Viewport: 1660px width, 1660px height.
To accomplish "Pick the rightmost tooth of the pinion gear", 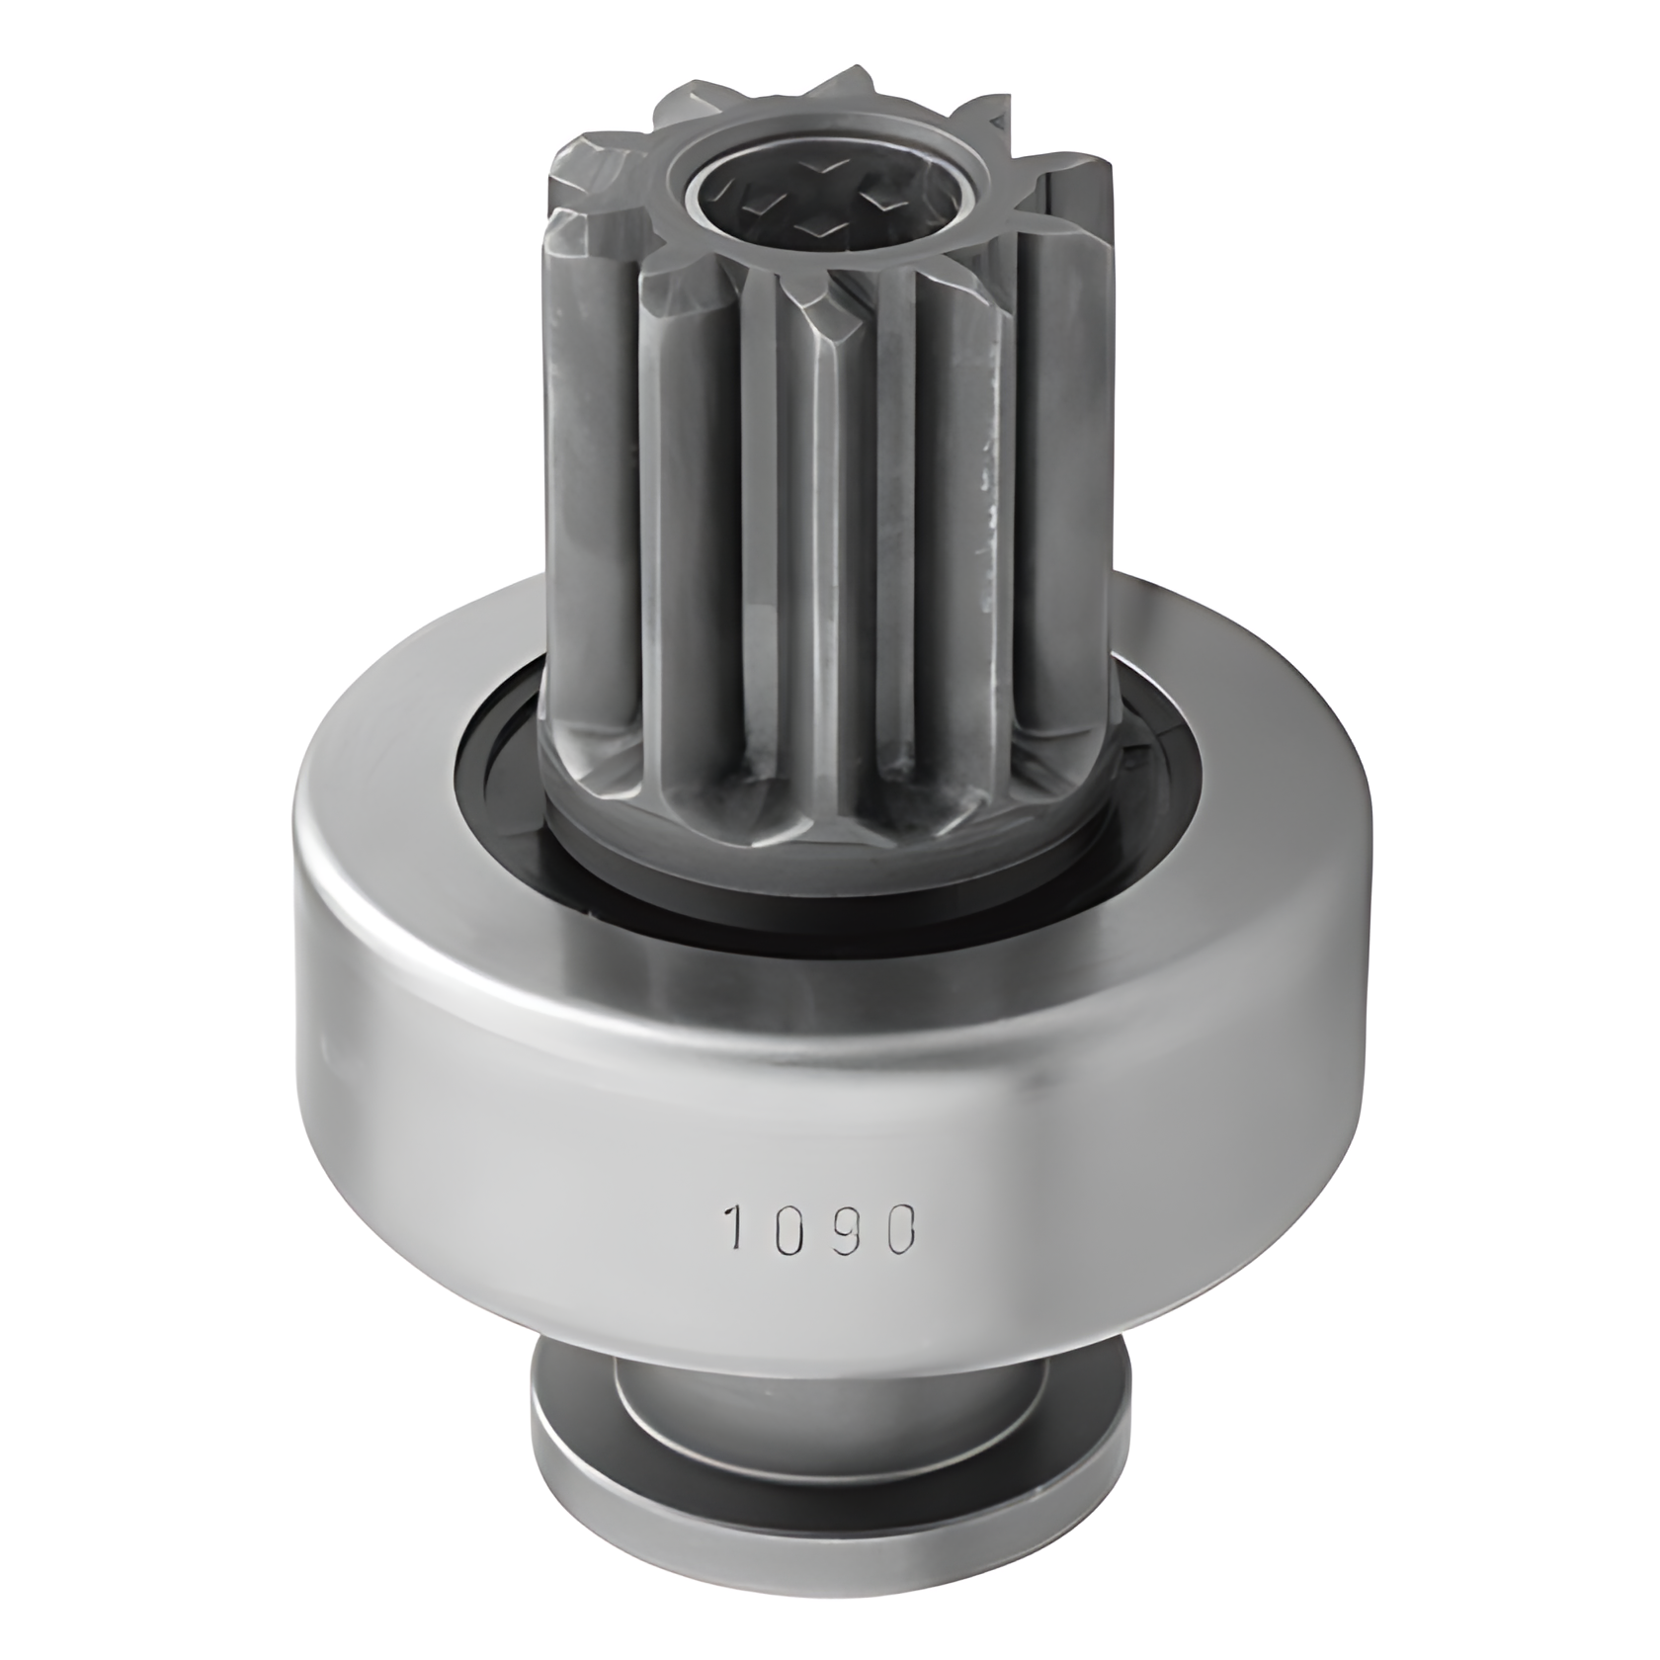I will (1087, 395).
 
